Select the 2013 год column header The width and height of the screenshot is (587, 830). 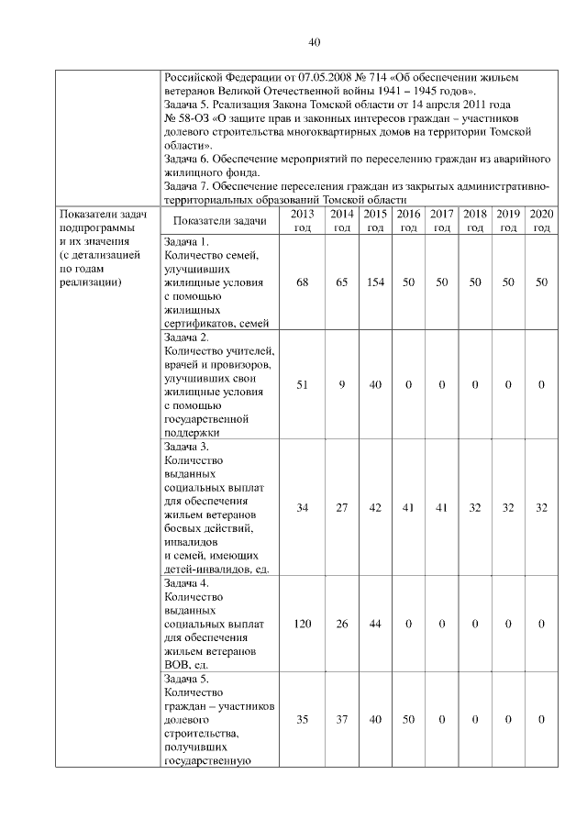[303, 220]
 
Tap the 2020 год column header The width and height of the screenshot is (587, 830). [542, 220]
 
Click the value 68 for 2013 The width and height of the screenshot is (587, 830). [303, 282]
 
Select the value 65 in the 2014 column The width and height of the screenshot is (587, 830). [341, 282]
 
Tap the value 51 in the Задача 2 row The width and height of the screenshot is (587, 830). [303, 384]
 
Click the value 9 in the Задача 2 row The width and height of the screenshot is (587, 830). [341, 384]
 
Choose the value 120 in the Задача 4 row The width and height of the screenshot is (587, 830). [303, 624]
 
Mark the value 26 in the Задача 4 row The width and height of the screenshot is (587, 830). [341, 624]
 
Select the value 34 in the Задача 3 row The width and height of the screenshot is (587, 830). [303, 507]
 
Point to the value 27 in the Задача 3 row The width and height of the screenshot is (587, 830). [341, 507]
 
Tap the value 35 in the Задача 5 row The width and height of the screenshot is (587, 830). [303, 720]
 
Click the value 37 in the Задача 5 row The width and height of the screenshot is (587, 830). [341, 720]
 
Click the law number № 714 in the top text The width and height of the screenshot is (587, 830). [360, 79]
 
